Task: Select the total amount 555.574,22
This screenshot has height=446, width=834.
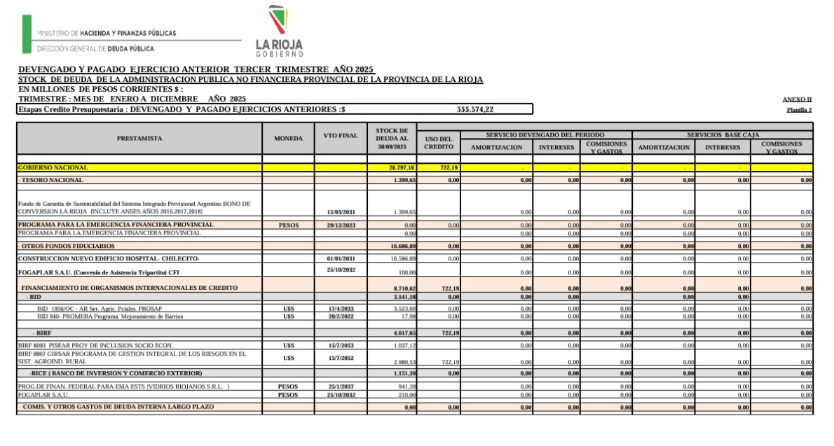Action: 475,109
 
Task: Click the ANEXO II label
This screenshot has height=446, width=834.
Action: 797,99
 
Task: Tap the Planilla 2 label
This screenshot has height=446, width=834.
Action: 799,111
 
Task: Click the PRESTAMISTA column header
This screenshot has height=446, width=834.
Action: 139,139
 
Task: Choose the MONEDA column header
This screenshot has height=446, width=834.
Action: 288,139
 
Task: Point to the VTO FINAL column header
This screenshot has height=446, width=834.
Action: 341,135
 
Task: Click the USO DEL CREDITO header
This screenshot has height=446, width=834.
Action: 439,143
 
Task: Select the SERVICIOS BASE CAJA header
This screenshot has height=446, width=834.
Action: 722,134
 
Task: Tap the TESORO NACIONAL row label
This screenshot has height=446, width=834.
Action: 52,181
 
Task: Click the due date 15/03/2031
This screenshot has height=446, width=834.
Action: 342,212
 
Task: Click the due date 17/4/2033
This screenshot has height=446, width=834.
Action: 342,309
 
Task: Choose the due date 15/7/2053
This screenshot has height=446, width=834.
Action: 342,346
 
